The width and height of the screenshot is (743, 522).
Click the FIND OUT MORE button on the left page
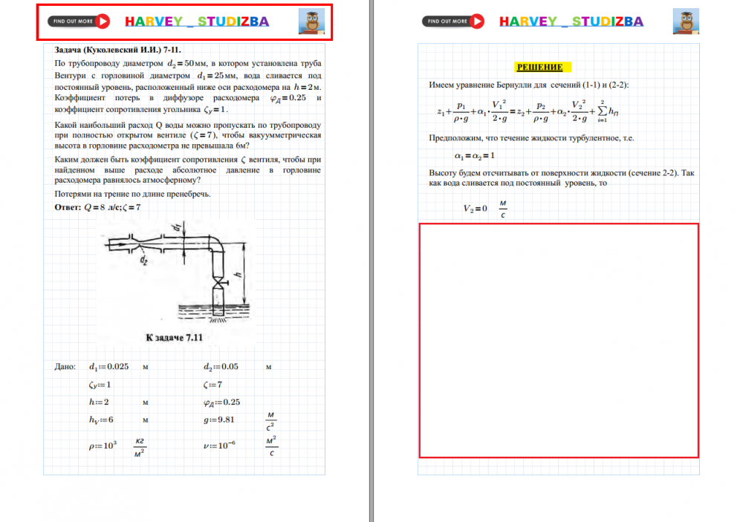[x=80, y=22]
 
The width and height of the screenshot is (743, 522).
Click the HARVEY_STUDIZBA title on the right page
[x=571, y=22]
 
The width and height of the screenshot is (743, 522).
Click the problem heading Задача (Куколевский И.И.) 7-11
[x=113, y=50]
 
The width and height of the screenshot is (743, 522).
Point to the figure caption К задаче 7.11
[x=174, y=337]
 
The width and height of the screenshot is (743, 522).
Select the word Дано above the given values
[x=65, y=367]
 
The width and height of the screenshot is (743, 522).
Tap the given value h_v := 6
[x=101, y=420]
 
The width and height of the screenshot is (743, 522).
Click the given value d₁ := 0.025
[x=108, y=367]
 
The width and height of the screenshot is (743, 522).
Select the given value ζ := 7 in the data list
[x=212, y=385]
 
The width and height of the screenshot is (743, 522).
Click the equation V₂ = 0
[x=476, y=209]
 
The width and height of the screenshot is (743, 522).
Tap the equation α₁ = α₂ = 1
[x=474, y=155]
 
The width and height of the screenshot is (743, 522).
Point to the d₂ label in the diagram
[x=143, y=261]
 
